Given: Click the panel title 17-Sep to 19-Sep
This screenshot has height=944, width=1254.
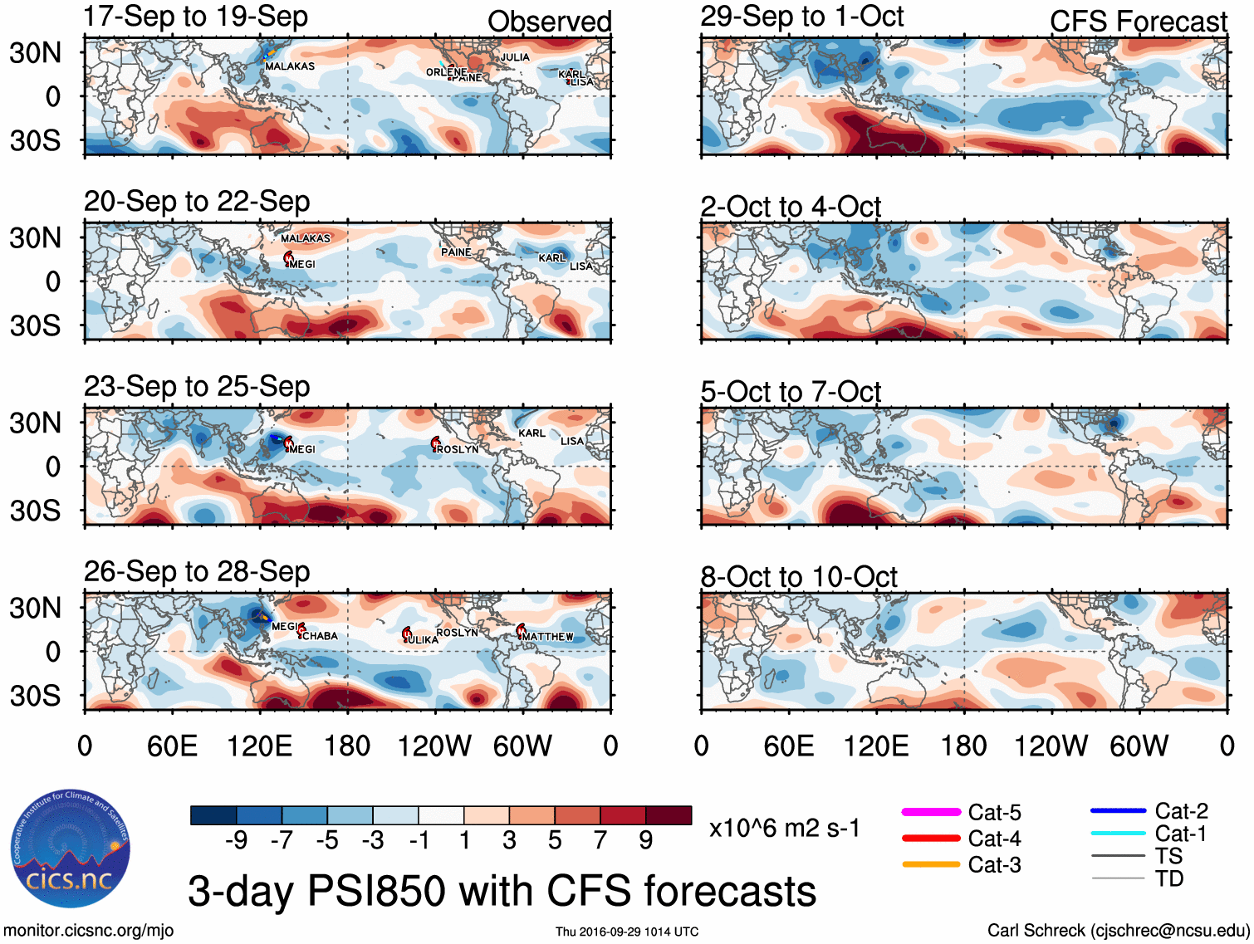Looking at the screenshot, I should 195,17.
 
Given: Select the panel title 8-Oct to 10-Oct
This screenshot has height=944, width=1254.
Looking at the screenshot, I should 798,576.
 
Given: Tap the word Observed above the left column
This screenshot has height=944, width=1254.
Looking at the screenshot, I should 549,22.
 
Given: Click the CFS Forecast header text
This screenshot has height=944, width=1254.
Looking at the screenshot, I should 1138,22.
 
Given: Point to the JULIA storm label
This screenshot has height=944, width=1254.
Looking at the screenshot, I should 515,57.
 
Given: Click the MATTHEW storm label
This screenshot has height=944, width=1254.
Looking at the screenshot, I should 548,637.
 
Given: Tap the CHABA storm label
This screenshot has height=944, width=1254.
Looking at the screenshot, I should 320,636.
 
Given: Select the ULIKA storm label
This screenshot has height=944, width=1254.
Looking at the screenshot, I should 423,640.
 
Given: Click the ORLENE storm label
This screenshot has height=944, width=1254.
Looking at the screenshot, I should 446,72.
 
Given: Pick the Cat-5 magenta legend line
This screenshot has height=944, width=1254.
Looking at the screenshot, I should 931,812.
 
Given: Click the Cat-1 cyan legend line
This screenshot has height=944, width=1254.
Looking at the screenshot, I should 1118,834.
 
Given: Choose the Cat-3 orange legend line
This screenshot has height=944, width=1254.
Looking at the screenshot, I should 931,864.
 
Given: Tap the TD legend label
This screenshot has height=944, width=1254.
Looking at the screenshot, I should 1169,878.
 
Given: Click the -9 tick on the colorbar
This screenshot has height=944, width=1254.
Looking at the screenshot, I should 237,840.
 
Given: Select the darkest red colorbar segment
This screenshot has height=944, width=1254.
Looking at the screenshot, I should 669,815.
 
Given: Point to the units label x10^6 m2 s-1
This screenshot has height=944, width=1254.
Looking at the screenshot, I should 784,828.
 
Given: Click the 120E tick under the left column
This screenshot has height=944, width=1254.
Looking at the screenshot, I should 260,746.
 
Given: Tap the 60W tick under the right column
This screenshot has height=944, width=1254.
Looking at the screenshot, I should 1139,746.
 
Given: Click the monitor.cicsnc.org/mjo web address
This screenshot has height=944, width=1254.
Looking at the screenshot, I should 89,930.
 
